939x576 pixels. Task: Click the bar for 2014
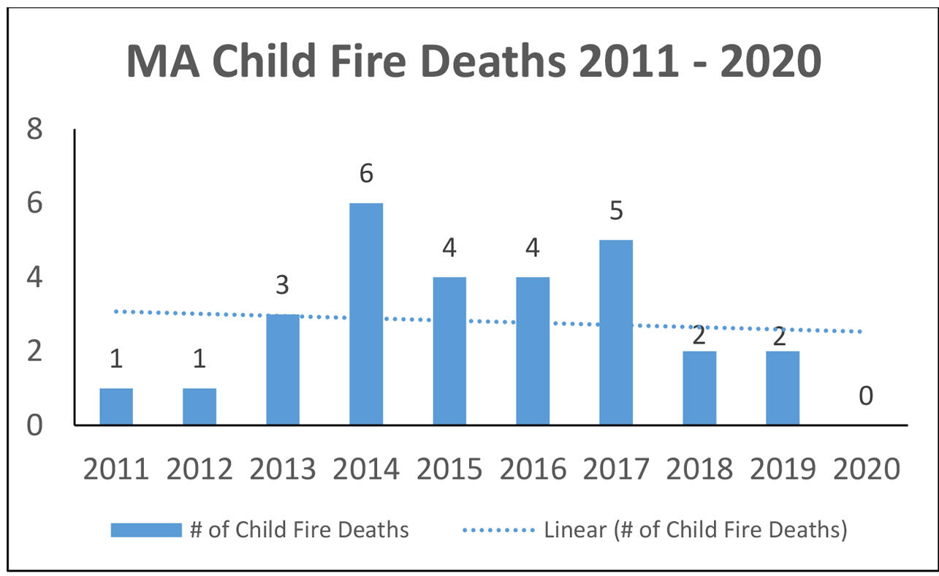[x=366, y=314]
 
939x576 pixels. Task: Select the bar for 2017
[x=616, y=332]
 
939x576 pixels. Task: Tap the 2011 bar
[x=116, y=406]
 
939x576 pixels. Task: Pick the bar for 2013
[x=283, y=369]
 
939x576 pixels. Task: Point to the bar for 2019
[x=783, y=387]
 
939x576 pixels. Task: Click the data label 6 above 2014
[x=366, y=173]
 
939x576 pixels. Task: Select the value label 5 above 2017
[x=616, y=211]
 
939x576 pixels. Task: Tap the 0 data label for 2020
[x=866, y=396]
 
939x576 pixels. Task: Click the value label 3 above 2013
[x=283, y=285]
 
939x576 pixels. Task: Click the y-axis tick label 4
[x=34, y=278]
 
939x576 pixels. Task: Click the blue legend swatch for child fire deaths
[x=145, y=530]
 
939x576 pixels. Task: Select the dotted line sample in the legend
[x=499, y=530]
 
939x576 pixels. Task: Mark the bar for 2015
[x=449, y=351]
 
